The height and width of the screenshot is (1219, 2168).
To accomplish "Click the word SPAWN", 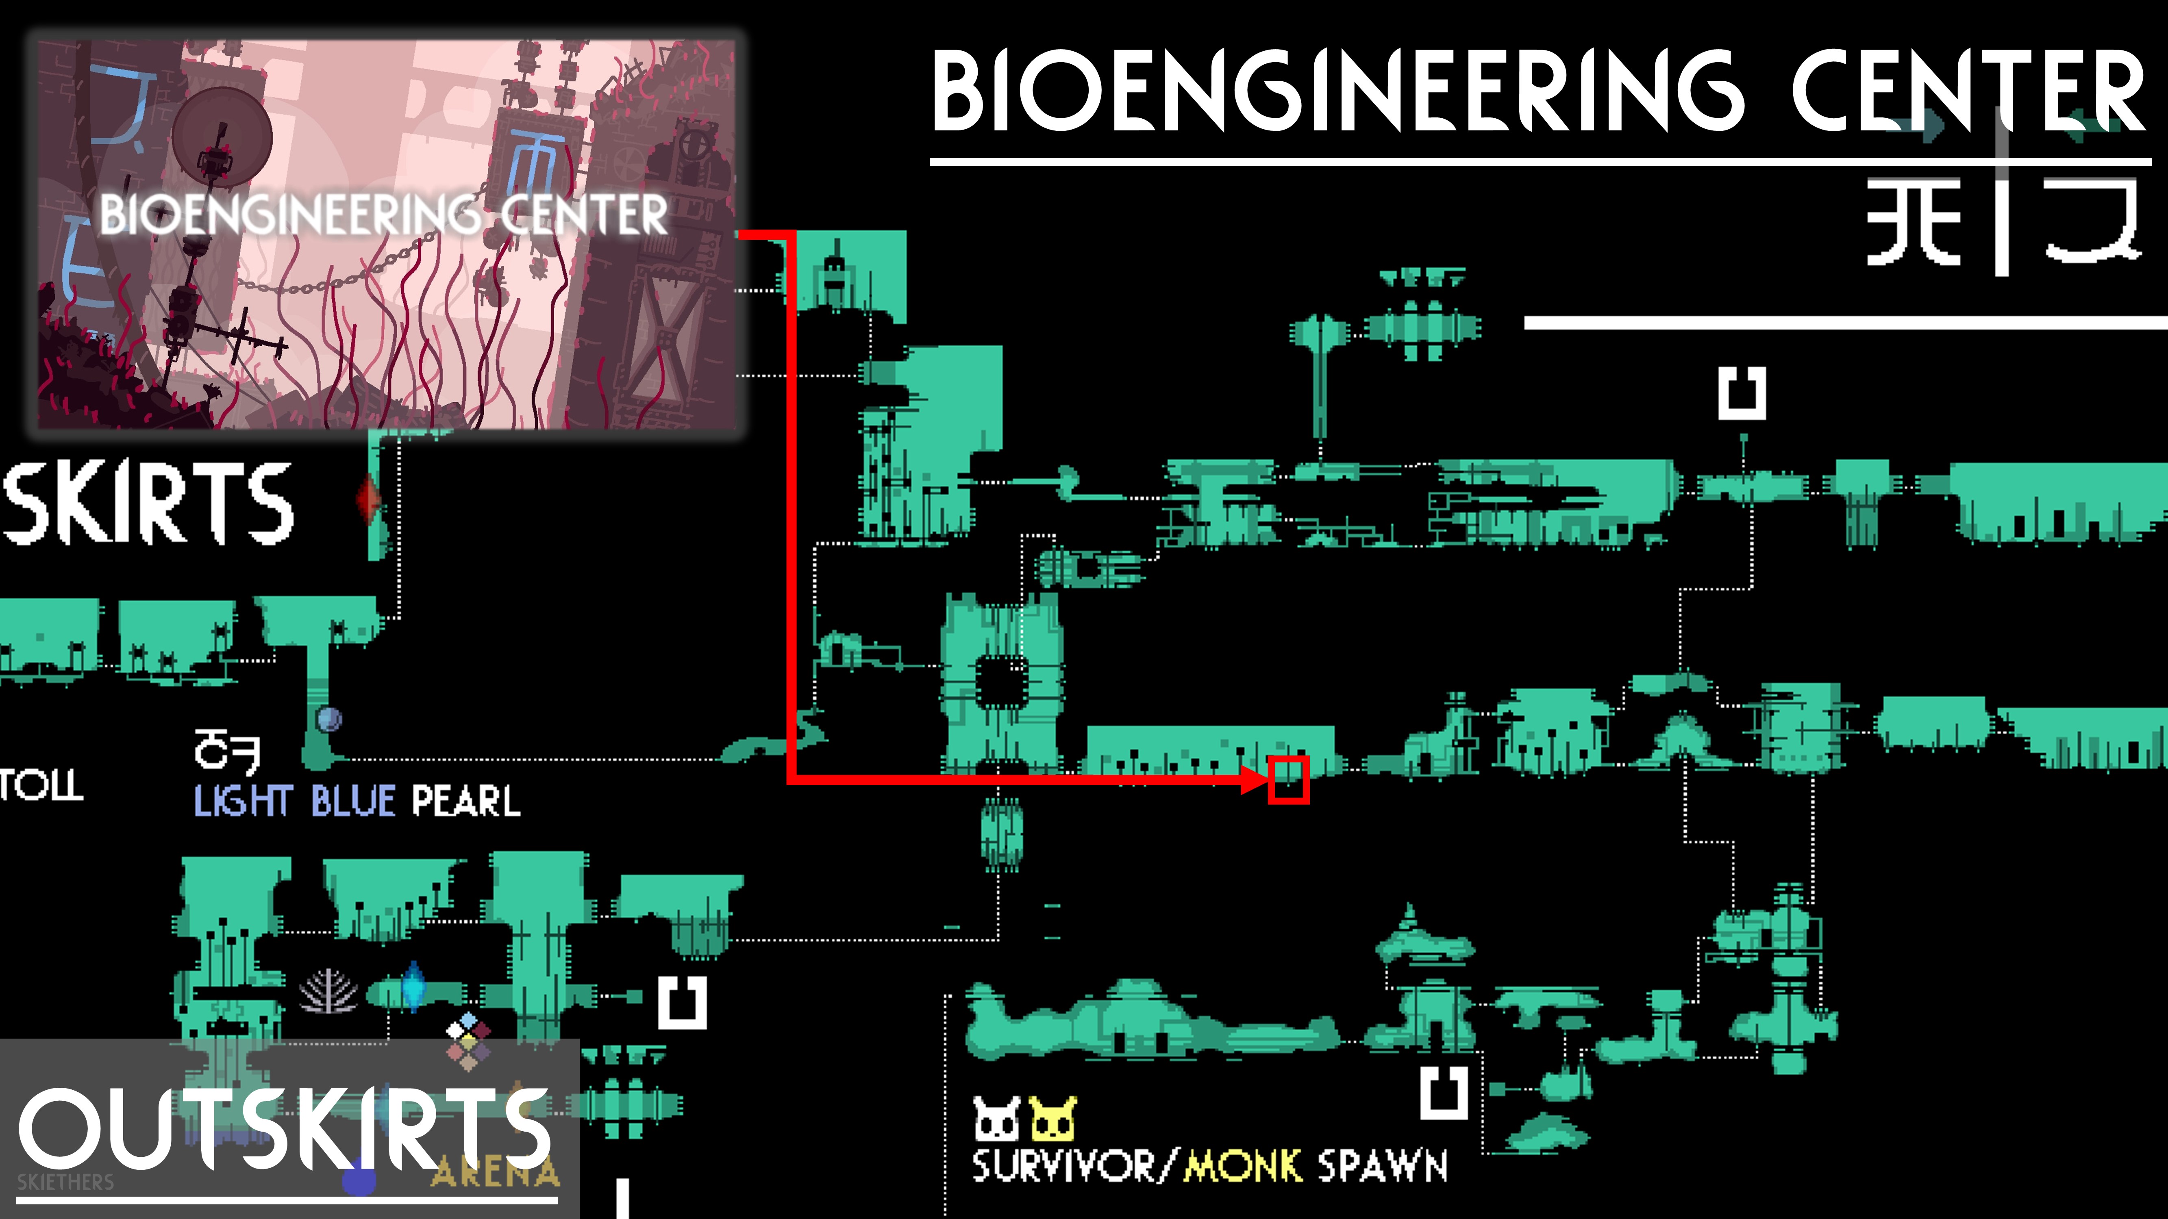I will click(x=1382, y=1166).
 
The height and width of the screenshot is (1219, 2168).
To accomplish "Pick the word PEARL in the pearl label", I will click(x=465, y=800).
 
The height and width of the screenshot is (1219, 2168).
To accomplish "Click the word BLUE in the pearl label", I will click(x=352, y=800).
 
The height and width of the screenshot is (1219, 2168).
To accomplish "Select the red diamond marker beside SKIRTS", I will click(x=368, y=499).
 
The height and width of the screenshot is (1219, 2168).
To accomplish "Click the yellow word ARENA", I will click(x=495, y=1171).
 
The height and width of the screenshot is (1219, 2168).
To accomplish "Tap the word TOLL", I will click(x=40, y=785).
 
